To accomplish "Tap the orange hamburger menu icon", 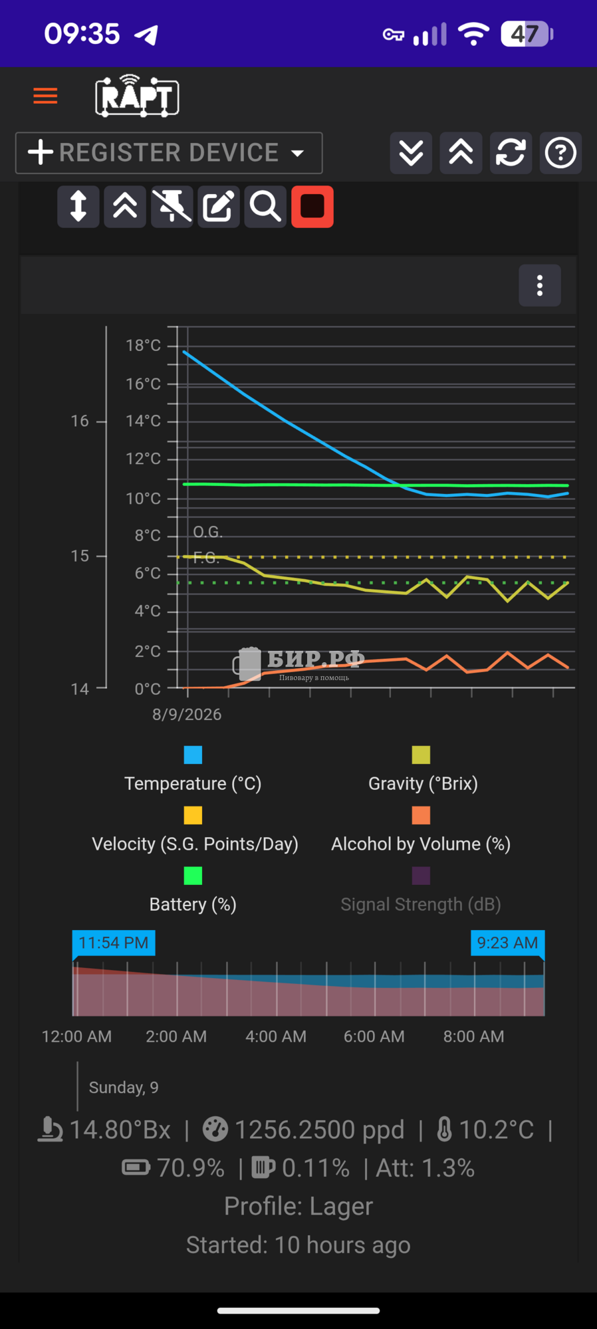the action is tap(45, 96).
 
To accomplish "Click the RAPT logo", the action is tap(138, 96).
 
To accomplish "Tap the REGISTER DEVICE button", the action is tap(169, 153).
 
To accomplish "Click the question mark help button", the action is tap(560, 153).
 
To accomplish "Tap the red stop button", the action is tap(312, 207).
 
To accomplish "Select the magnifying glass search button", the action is tap(265, 207).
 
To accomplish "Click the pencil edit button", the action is tap(219, 207).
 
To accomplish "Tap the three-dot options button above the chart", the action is tap(540, 286).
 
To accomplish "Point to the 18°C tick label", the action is tap(143, 346).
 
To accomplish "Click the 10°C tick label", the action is tap(143, 499).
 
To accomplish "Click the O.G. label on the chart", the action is tap(208, 532).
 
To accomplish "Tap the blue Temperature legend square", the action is tap(193, 755).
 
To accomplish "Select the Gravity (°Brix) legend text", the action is tap(423, 784).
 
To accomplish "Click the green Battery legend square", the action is tap(193, 876).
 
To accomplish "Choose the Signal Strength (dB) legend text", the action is tap(421, 904).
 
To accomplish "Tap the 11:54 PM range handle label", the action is tap(114, 943).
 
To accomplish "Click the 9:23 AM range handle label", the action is tap(507, 943).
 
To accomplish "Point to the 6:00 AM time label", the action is tap(374, 1036).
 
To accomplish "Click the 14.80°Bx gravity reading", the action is tap(120, 1130).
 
